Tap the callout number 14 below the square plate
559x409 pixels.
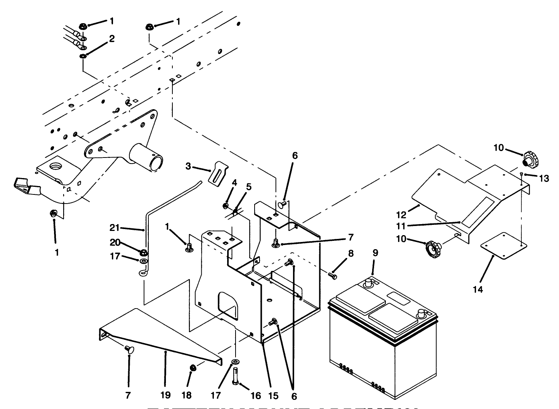[478, 290]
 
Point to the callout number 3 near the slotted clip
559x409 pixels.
[188, 166]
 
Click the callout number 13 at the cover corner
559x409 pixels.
[544, 178]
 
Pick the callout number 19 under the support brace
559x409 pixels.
[165, 396]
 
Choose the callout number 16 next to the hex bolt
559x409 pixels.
[256, 396]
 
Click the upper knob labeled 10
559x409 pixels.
[530, 160]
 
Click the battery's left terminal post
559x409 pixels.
[368, 283]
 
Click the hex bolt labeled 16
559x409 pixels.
[235, 376]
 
